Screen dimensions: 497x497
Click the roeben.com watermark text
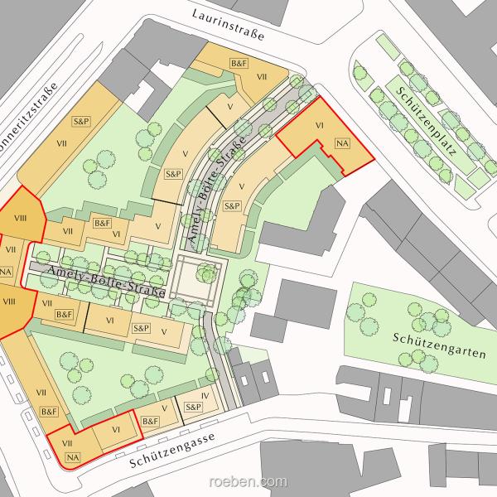(x=248, y=481)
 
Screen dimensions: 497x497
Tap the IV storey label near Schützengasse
(x=205, y=396)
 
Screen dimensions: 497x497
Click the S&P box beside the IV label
(x=192, y=408)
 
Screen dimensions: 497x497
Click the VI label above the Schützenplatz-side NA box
(x=319, y=125)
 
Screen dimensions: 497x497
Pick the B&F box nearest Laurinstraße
(x=239, y=63)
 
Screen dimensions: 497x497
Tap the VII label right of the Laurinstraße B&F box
(x=262, y=77)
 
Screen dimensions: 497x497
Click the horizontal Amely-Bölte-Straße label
(x=106, y=282)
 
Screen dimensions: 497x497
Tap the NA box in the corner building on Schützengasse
(x=71, y=456)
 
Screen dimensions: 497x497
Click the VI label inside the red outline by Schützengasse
(x=117, y=429)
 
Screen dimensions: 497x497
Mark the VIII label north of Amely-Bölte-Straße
(x=21, y=220)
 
